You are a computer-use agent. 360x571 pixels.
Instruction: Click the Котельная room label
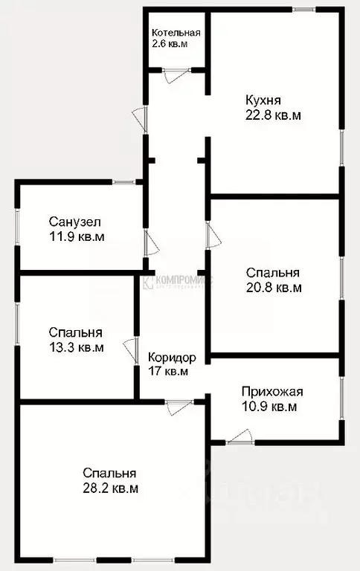pos(176,33)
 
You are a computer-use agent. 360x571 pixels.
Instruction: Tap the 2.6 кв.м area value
pos(170,45)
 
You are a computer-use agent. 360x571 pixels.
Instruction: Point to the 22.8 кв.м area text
pos(273,115)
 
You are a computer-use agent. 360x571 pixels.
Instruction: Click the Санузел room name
pos(75,222)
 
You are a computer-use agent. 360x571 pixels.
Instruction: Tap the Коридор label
pos(172,357)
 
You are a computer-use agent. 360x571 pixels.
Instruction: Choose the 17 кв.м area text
pos(167,371)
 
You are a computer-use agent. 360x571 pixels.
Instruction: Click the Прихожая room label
pos(272,392)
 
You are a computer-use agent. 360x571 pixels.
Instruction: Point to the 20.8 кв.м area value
pos(274,287)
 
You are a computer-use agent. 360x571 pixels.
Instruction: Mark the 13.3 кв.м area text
pos(76,346)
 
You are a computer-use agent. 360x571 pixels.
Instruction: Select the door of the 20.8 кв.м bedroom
pos(211,236)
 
